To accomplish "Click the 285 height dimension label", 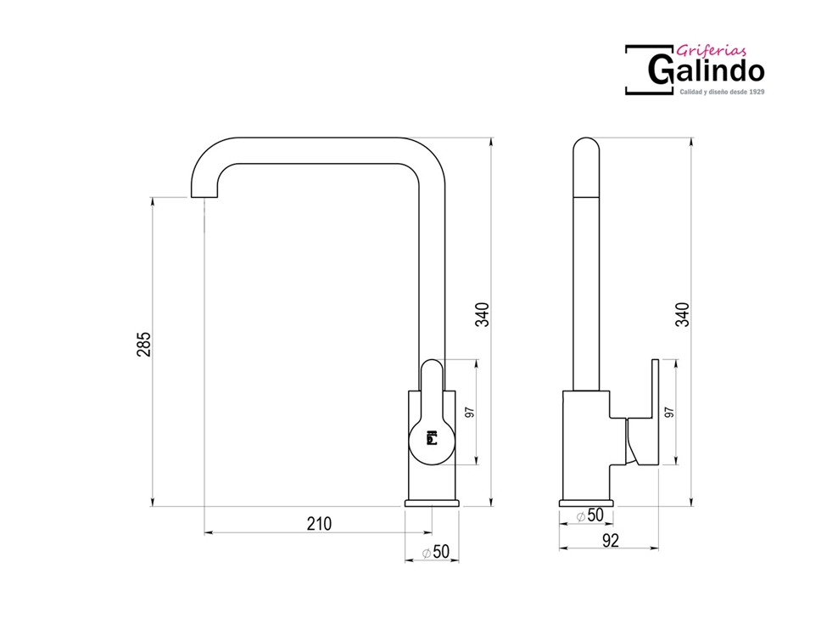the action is pyautogui.click(x=144, y=345).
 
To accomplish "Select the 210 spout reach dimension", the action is pyautogui.click(x=319, y=524).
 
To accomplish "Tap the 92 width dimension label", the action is pyautogui.click(x=611, y=541).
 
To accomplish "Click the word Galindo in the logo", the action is pyautogui.click(x=706, y=70).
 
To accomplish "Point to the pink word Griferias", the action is pyautogui.click(x=711, y=51).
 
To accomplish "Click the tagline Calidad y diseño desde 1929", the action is pyautogui.click(x=722, y=92).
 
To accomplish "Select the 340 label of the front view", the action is pyautogui.click(x=482, y=314).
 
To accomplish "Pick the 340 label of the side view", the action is pyautogui.click(x=683, y=314).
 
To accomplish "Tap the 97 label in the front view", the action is pyautogui.click(x=470, y=413).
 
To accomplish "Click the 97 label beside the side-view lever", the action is pyautogui.click(x=669, y=413).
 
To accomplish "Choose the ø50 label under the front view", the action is pyautogui.click(x=436, y=552).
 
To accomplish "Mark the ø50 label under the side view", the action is pyautogui.click(x=590, y=515).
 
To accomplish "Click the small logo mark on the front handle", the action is pyautogui.click(x=431, y=438).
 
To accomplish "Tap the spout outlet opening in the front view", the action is pyautogui.click(x=204, y=197).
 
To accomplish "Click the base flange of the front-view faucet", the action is pyautogui.click(x=432, y=503).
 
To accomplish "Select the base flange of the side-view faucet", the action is pyautogui.click(x=586, y=503).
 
